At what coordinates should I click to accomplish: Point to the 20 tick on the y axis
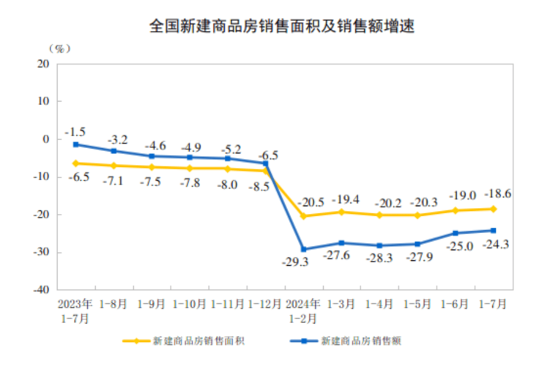point(42,64)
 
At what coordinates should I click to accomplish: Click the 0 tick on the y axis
point(45,139)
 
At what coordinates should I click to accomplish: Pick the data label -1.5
point(75,132)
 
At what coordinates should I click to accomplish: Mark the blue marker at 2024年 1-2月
point(304,249)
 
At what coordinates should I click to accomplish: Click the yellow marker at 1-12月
point(266,171)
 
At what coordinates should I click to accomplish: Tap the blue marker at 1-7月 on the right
point(493,230)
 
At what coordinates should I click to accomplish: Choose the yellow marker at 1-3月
point(342,212)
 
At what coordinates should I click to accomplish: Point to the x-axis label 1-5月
point(417,303)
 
